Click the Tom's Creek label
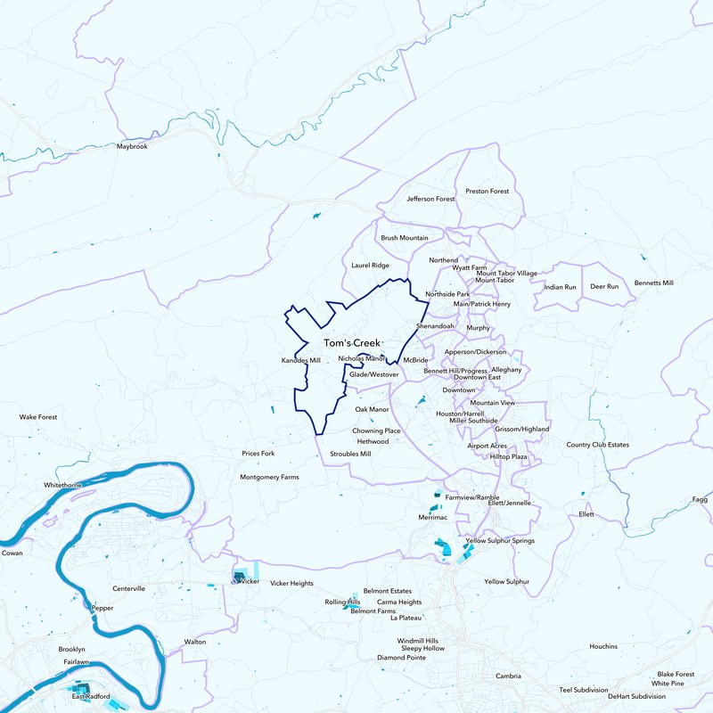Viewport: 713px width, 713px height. click(x=351, y=343)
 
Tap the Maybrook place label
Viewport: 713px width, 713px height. click(x=131, y=146)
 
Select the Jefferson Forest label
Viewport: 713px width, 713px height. click(x=430, y=199)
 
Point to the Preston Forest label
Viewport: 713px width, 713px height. click(x=487, y=192)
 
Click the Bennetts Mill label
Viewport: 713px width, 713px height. click(x=653, y=283)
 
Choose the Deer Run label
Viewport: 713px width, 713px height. click(x=604, y=287)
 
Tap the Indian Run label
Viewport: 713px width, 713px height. click(x=560, y=287)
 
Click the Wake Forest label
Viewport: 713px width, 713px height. click(x=38, y=416)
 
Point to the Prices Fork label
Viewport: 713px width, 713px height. click(x=258, y=454)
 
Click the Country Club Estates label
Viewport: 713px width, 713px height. click(x=597, y=445)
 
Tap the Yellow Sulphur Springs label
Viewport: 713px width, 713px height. click(x=499, y=541)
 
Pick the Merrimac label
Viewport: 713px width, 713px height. click(x=432, y=517)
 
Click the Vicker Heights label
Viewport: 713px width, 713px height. click(x=291, y=583)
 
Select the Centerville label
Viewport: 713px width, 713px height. click(x=128, y=589)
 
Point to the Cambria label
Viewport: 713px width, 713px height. click(x=508, y=676)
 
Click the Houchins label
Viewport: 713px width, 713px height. click(x=603, y=646)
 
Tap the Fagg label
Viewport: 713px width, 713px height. click(x=700, y=500)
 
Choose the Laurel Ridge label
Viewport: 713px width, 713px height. click(x=371, y=266)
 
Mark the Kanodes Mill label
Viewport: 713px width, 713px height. click(x=300, y=360)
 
